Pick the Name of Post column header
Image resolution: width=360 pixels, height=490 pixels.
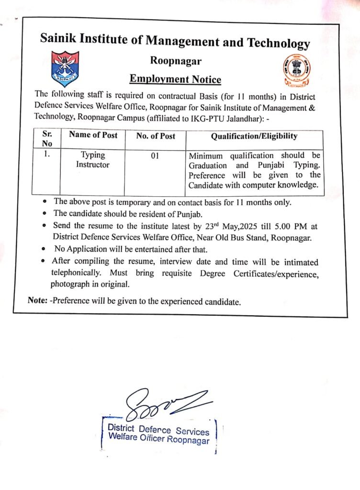pos(93,135)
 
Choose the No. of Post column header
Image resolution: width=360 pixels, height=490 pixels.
pos(156,136)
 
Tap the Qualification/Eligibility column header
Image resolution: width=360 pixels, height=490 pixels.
pos(254,136)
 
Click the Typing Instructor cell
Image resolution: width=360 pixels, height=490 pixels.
pos(92,160)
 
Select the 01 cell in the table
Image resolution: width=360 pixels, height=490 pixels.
pos(155,156)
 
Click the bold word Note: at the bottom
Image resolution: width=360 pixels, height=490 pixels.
pos(37,302)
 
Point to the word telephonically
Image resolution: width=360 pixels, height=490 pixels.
pos(78,274)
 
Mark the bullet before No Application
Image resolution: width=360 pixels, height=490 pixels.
pos(44,249)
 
